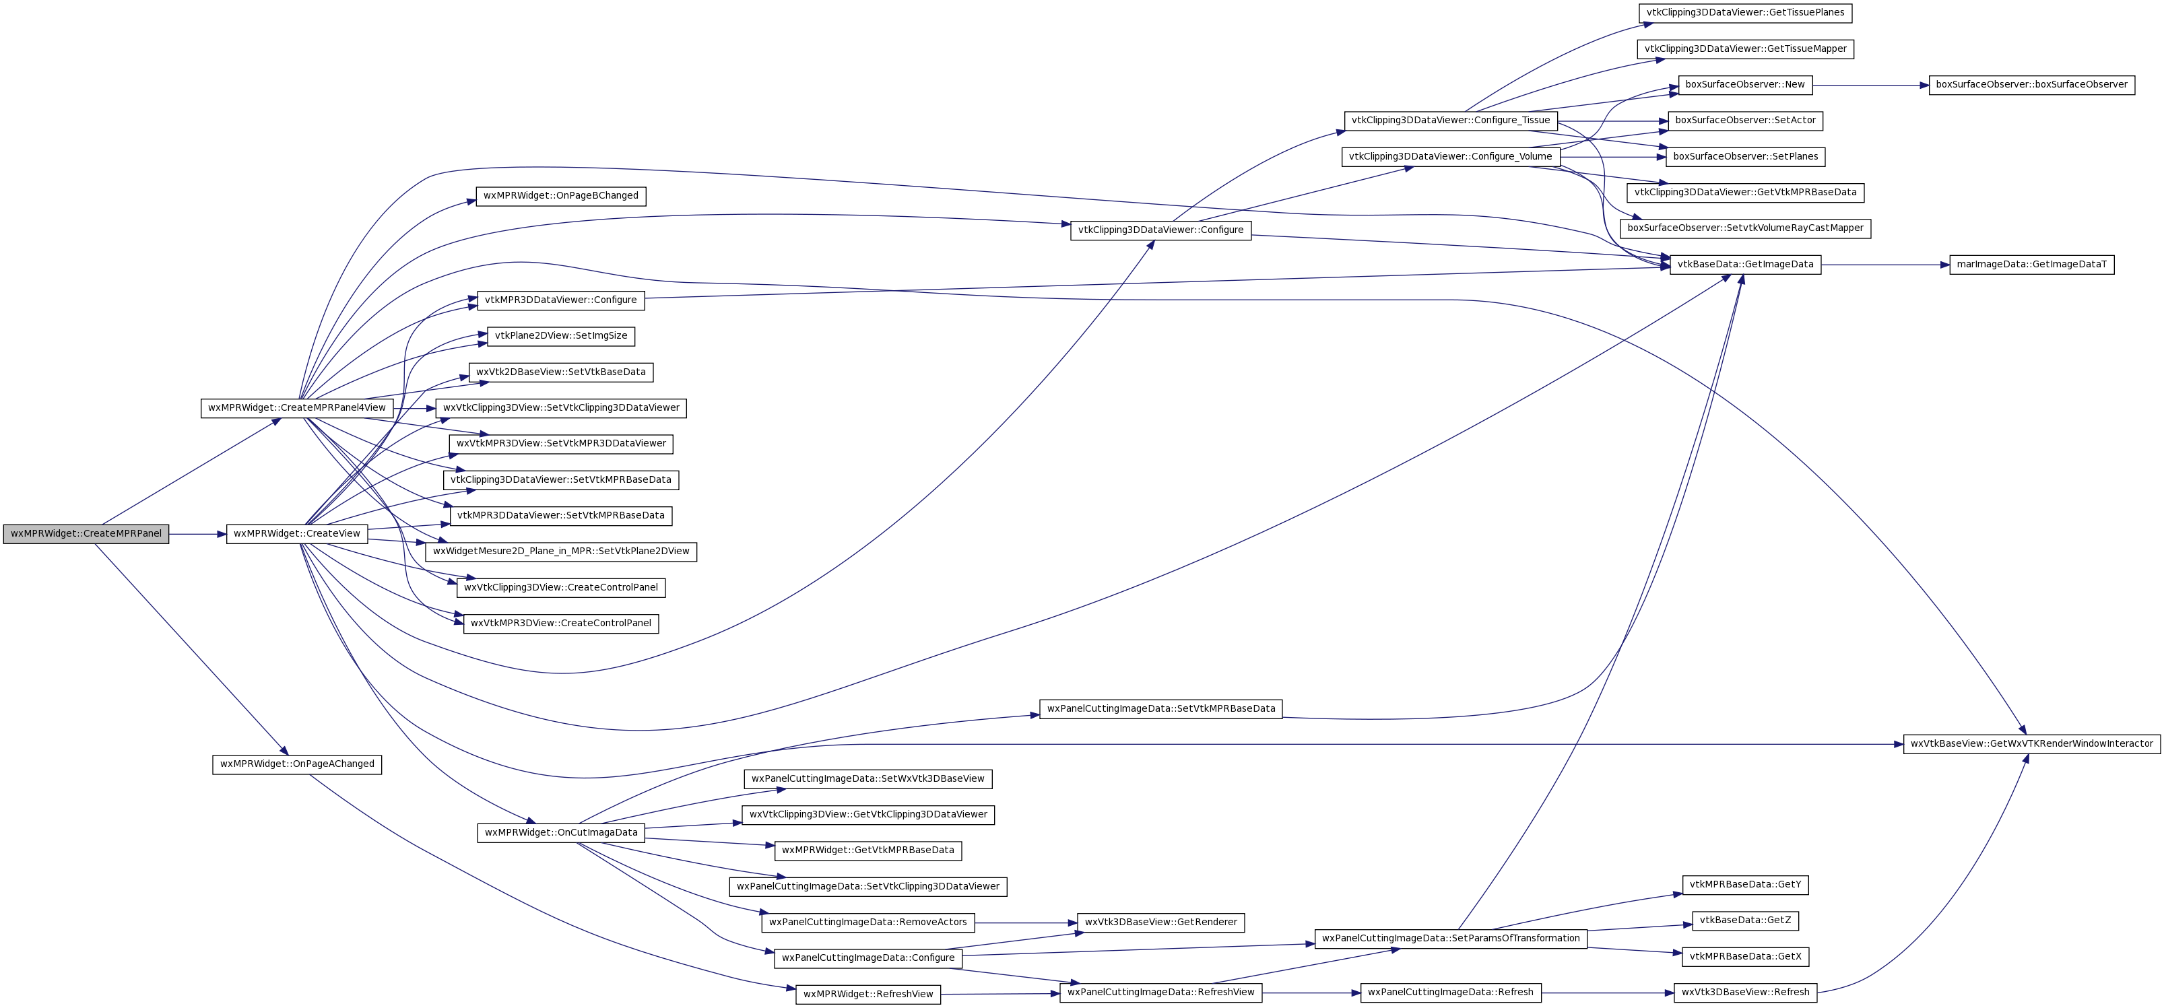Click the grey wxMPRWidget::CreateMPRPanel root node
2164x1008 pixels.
pyautogui.click(x=86, y=534)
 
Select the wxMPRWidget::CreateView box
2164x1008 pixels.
pyautogui.click(x=296, y=534)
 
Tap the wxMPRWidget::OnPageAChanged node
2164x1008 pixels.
pyautogui.click(x=296, y=764)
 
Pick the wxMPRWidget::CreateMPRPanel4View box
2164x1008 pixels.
pyautogui.click(x=296, y=408)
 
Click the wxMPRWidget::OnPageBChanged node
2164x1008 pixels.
pyautogui.click(x=560, y=196)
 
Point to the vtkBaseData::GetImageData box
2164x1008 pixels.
pyautogui.click(x=1745, y=265)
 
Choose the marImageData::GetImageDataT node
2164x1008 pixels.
pyautogui.click(x=2031, y=265)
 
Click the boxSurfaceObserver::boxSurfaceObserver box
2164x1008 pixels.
pyautogui.click(x=2031, y=85)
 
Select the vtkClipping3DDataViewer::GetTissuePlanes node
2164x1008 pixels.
pyautogui.click(x=1745, y=13)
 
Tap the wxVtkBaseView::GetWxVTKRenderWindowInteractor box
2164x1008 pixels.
pyautogui.click(x=2031, y=744)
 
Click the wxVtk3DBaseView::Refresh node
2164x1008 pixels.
pyautogui.click(x=1745, y=993)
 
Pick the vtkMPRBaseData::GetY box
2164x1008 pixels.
pyautogui.click(x=1745, y=885)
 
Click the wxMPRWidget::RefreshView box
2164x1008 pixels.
pyautogui.click(x=867, y=995)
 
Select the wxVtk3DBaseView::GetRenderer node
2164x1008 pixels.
pyautogui.click(x=1160, y=922)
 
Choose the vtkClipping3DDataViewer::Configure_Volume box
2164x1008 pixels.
pyautogui.click(x=1450, y=157)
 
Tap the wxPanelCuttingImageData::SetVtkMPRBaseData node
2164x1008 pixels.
pyautogui.click(x=1160, y=709)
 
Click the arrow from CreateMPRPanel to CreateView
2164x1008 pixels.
pyautogui.click(x=197, y=534)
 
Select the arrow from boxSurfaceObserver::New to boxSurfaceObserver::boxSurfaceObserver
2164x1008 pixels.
pyautogui.click(x=1871, y=85)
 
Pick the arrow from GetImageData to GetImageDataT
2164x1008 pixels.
pyautogui.click(x=1885, y=265)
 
